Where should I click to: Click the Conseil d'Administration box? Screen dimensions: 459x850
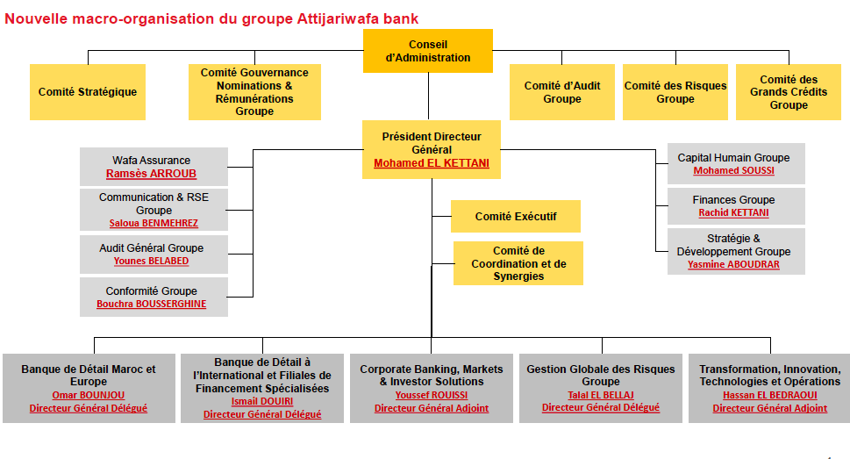point(428,51)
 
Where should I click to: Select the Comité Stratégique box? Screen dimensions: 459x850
point(88,92)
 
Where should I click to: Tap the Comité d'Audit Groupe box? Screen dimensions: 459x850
point(562,92)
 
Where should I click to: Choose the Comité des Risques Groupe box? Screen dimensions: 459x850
point(675,92)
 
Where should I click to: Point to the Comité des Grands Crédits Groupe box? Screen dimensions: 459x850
point(789,92)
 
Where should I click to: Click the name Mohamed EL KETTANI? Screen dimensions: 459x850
point(432,163)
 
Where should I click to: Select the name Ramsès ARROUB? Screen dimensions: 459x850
point(151,174)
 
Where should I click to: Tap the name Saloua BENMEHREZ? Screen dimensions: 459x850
point(154,224)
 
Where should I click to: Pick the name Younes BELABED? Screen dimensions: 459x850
point(151,261)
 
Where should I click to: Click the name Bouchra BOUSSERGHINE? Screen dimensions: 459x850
point(151,304)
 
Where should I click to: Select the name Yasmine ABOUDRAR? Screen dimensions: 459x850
point(733,264)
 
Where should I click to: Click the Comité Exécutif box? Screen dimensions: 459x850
point(516,217)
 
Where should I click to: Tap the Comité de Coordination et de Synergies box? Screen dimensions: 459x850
point(518,263)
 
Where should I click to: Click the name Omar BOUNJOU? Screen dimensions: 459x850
point(89,395)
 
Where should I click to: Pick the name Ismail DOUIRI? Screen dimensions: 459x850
point(261,401)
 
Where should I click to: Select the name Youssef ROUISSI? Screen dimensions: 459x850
point(432,395)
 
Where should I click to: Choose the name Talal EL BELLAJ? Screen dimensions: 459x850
point(601,395)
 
